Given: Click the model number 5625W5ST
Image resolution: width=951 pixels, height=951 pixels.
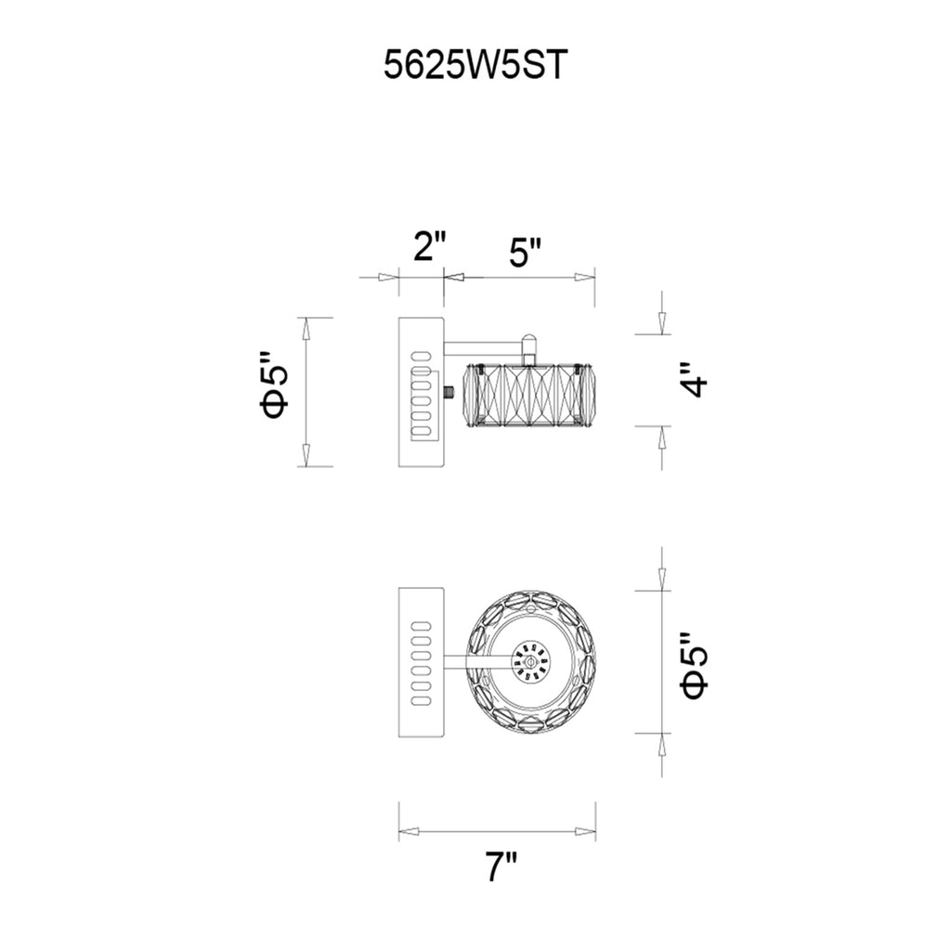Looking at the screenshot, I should [x=474, y=66].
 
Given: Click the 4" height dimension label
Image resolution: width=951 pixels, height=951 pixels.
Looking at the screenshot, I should [x=696, y=380].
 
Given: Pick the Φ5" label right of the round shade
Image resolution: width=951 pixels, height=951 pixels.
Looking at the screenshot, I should [x=695, y=665].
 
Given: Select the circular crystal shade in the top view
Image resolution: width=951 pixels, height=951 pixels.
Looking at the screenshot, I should [x=529, y=661].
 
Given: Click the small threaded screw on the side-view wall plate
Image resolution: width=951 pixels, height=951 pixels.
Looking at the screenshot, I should [x=450, y=394].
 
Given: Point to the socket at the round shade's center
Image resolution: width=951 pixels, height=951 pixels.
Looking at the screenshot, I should [x=529, y=662].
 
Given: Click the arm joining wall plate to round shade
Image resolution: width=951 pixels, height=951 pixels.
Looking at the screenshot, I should [x=478, y=661].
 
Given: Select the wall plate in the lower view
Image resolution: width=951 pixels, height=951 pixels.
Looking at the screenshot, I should [x=422, y=661].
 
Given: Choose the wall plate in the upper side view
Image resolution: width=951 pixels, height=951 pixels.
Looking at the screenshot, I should [x=422, y=391].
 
